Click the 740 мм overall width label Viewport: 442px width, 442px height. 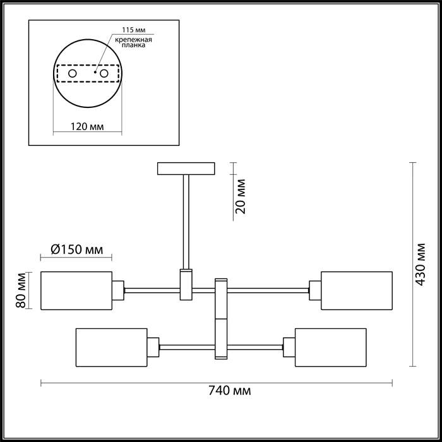[229, 391]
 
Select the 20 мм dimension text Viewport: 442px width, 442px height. [241, 196]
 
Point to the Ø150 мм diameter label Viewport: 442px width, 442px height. [76, 249]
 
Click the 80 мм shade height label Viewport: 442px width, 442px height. [21, 290]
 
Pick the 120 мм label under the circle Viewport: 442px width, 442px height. [87, 127]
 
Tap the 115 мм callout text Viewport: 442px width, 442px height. [134, 30]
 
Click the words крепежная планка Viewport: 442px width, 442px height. [133, 42]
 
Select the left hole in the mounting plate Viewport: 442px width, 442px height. [73, 74]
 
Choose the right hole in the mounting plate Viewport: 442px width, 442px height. [104, 74]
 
